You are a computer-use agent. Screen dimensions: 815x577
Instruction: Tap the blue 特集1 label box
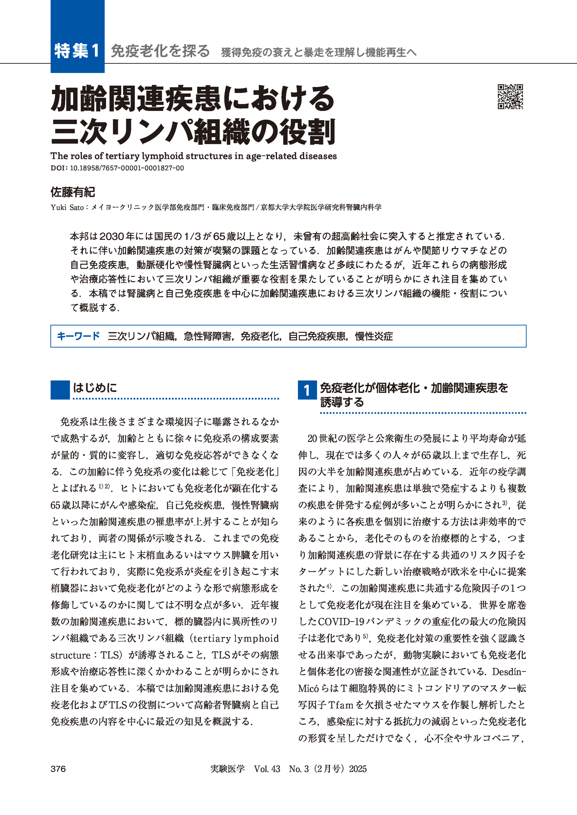point(78,51)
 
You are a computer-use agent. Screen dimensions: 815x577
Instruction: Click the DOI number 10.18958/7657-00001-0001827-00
point(127,168)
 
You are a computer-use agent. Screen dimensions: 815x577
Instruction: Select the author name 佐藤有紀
point(73,192)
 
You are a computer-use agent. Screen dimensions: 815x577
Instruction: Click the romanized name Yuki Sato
point(67,207)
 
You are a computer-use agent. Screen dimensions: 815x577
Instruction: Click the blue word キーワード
point(78,336)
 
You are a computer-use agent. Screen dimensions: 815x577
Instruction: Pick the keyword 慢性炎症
point(374,336)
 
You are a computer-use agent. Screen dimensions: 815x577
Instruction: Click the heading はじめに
point(95,388)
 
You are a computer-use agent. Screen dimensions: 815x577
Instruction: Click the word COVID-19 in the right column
point(341,622)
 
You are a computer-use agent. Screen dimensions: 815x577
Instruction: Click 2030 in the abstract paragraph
point(111,236)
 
